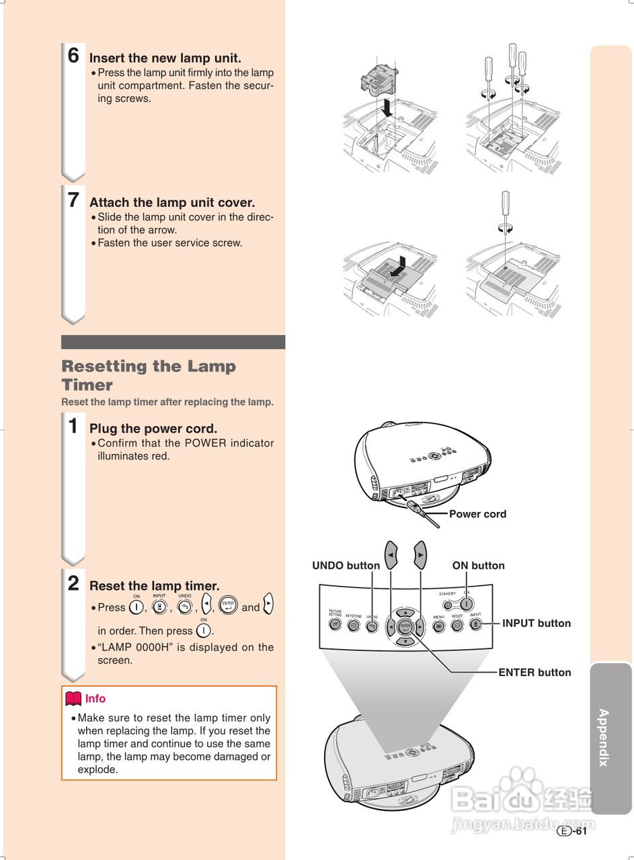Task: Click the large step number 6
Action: (x=73, y=56)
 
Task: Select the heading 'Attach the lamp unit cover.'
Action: (x=172, y=202)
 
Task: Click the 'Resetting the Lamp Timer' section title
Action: (x=149, y=376)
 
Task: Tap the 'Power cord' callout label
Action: (x=477, y=514)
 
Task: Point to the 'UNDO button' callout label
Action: (x=346, y=566)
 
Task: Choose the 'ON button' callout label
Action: (x=478, y=566)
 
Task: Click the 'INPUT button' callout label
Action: (x=536, y=623)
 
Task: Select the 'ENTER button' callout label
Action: (x=534, y=673)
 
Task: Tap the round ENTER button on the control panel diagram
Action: (x=405, y=627)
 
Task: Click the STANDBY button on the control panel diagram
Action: (x=448, y=604)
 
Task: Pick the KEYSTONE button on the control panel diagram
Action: (x=354, y=626)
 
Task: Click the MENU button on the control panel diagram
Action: (x=438, y=626)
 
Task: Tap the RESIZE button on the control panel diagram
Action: (x=457, y=626)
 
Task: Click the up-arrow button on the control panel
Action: (x=405, y=612)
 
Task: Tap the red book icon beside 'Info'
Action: (x=73, y=699)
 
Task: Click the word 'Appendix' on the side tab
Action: (x=604, y=737)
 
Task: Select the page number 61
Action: (x=581, y=831)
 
